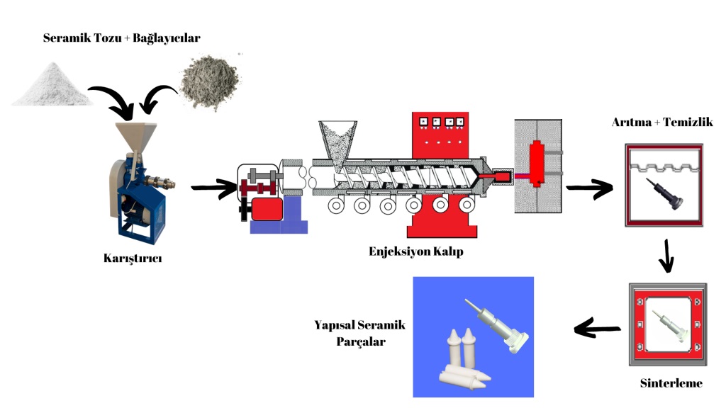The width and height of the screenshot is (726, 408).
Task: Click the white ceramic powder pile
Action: (x=52, y=86)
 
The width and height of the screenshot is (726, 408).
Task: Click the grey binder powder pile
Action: (x=211, y=82)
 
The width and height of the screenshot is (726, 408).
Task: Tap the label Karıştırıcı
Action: (x=133, y=258)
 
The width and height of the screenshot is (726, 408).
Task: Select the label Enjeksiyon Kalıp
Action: (x=415, y=251)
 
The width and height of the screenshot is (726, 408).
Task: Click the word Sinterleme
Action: (x=671, y=383)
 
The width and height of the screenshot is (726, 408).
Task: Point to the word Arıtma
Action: (x=630, y=122)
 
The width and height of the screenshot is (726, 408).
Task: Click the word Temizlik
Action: (x=688, y=122)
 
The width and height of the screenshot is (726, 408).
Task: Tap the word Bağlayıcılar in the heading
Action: (x=167, y=38)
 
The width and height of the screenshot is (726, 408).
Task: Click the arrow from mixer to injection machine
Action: (x=214, y=187)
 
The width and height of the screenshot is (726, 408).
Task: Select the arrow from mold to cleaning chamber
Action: (x=589, y=188)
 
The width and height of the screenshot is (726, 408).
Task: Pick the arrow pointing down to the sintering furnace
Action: (x=666, y=256)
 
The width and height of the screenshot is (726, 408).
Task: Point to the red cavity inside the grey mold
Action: (x=537, y=163)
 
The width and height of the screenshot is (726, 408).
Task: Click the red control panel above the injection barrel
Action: (x=440, y=135)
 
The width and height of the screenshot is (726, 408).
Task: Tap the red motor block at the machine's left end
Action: (x=267, y=209)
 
